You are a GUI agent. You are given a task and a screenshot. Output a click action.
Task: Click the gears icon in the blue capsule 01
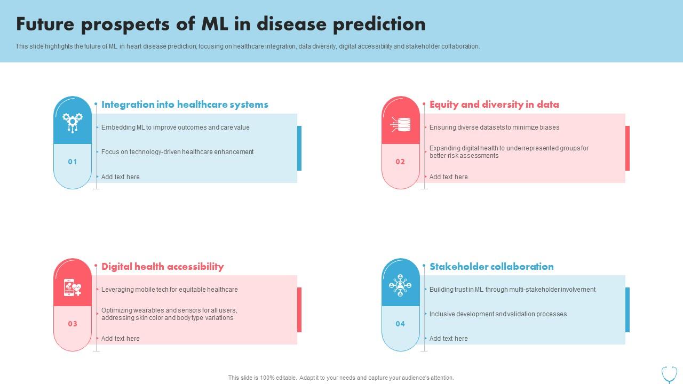(x=73, y=123)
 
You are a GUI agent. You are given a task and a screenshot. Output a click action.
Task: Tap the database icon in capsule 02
(x=401, y=124)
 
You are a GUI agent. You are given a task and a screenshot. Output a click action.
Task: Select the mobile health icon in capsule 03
(x=73, y=287)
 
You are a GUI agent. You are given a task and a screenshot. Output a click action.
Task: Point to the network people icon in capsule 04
(x=400, y=285)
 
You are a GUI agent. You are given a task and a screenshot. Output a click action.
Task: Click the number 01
(x=73, y=162)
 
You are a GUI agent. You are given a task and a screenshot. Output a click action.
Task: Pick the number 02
(x=400, y=162)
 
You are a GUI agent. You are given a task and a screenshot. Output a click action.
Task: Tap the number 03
(x=73, y=324)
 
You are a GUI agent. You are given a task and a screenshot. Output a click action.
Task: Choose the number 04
(x=400, y=324)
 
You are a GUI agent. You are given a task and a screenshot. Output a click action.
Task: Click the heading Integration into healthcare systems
(x=185, y=105)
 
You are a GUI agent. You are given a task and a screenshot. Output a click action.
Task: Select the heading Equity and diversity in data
(x=494, y=105)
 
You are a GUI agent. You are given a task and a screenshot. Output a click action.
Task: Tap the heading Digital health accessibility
(x=162, y=267)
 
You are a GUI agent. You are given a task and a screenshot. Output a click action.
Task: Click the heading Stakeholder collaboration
(x=491, y=267)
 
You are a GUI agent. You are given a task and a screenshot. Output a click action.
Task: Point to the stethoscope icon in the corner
(x=669, y=374)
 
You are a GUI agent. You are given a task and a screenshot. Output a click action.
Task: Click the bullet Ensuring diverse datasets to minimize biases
(x=494, y=127)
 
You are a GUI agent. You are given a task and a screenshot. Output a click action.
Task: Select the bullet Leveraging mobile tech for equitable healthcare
(x=170, y=290)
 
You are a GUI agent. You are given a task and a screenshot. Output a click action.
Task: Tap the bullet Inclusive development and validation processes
(x=498, y=314)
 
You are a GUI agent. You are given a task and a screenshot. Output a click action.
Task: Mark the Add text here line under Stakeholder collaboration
(x=448, y=339)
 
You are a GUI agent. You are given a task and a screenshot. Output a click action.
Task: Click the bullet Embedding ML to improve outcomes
(x=175, y=127)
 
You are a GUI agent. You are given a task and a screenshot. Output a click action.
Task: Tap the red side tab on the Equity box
(x=628, y=148)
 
